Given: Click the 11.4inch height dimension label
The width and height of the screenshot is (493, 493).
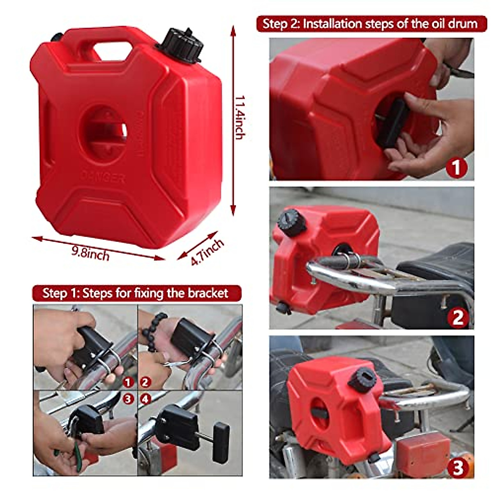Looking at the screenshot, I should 240,117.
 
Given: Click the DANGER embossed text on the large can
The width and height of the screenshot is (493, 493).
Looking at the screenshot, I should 102,177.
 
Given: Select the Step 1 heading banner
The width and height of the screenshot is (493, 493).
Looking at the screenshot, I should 135,293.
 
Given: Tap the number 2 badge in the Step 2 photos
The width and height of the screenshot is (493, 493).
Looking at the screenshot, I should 458,317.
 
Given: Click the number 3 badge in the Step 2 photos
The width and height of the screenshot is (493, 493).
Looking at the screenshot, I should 458,467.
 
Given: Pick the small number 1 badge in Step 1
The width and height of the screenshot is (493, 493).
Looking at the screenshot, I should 129,382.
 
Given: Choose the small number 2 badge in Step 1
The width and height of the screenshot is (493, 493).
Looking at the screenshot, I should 145,382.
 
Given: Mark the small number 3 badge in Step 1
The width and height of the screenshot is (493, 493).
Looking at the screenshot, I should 129,399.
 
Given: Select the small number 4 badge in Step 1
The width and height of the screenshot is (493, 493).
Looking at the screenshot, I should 145,399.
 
